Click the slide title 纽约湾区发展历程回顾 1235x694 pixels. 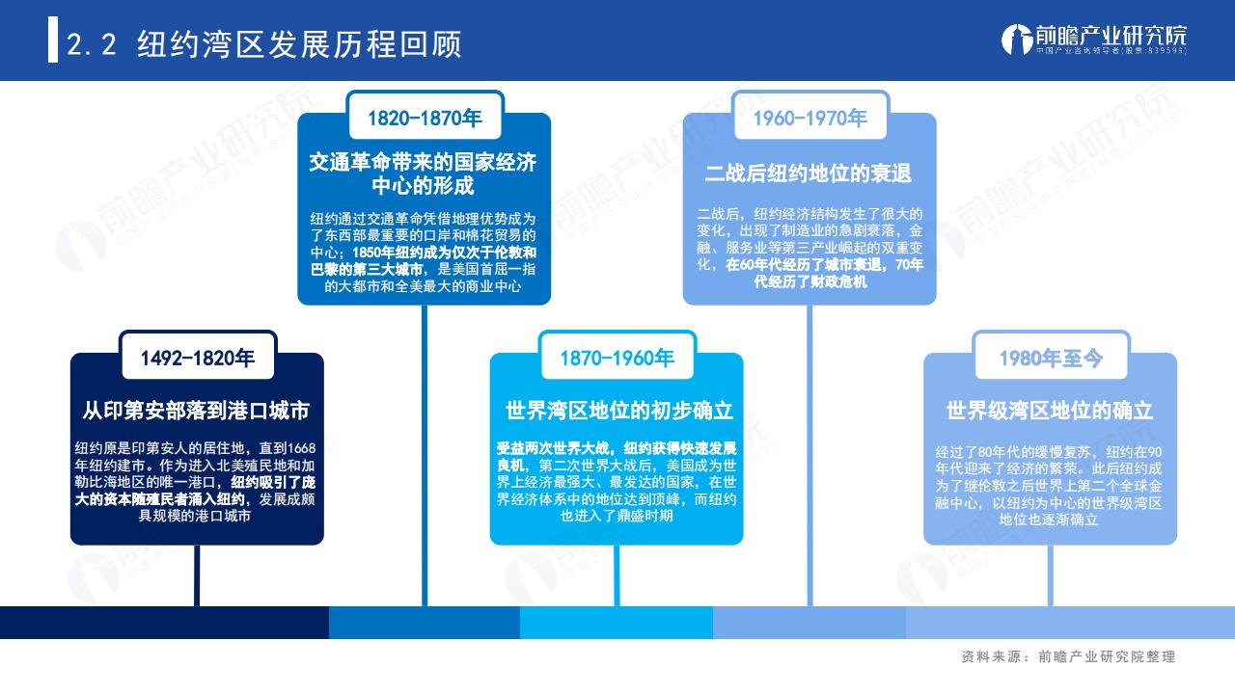299,44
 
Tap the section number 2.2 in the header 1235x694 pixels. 92,44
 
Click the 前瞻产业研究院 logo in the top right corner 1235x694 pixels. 1094,40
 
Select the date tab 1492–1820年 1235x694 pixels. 198,358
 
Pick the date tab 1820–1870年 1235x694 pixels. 425,118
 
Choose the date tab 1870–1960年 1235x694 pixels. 617,358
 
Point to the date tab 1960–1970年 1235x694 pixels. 810,118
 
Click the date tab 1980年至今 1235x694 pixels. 1052,358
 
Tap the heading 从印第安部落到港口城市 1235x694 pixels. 196,411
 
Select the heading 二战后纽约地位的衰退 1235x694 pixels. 809,173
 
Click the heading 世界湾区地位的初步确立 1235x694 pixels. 619,411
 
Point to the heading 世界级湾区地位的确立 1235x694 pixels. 1050,411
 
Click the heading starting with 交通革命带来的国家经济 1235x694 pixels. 423,173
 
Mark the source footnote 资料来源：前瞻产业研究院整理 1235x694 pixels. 1068,656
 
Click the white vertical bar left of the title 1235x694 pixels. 53,40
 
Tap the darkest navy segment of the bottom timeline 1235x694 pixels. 164,623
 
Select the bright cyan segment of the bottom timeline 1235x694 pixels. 617,623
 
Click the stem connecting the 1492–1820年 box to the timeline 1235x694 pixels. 197,575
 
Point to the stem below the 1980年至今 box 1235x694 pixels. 1051,575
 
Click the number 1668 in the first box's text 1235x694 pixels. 301,449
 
